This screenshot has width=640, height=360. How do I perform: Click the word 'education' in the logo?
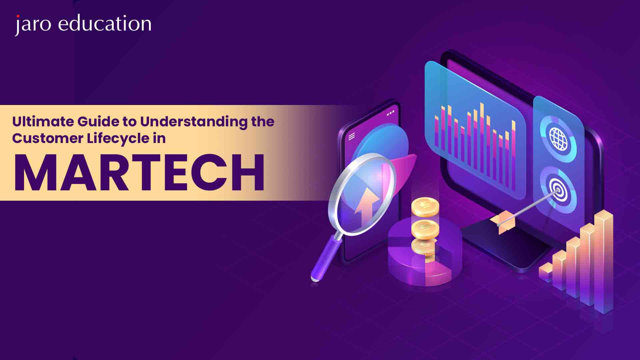tap(105, 24)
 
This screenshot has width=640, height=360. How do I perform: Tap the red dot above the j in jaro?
tap(18, 16)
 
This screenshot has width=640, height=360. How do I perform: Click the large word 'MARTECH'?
tap(139, 173)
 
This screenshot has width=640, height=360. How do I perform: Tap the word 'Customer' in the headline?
tap(48, 139)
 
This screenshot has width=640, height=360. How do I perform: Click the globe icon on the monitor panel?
tap(558, 138)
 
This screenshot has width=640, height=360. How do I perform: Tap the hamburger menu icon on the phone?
tap(351, 137)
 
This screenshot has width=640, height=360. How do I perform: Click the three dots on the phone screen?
tap(390, 113)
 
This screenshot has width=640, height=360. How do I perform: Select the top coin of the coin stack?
tap(425, 206)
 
